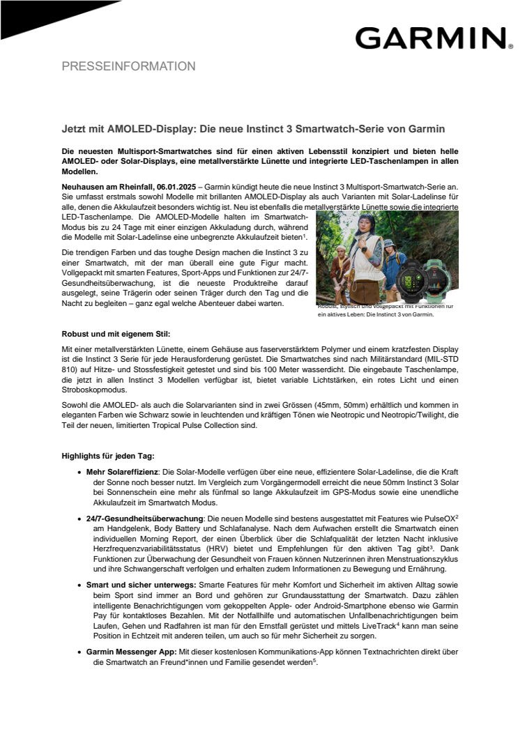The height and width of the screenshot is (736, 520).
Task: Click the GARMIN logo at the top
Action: click(430, 38)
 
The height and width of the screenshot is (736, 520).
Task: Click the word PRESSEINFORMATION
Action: click(129, 67)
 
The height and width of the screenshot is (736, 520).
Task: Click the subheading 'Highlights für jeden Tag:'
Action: click(107, 456)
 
